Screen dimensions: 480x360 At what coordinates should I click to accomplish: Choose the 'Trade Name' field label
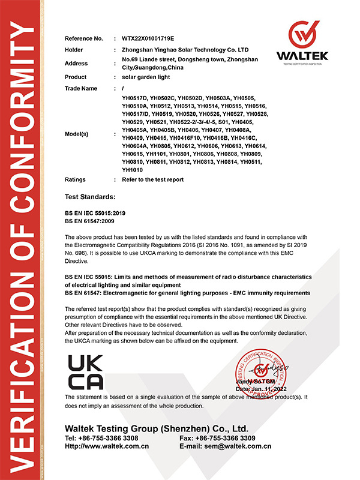[80, 88]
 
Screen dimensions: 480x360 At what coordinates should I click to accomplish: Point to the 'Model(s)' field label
[78, 133]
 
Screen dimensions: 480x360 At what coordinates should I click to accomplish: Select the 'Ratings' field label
[76, 179]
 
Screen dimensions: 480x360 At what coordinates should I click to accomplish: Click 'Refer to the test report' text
[152, 179]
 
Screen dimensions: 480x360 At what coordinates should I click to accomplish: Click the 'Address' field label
[76, 63]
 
